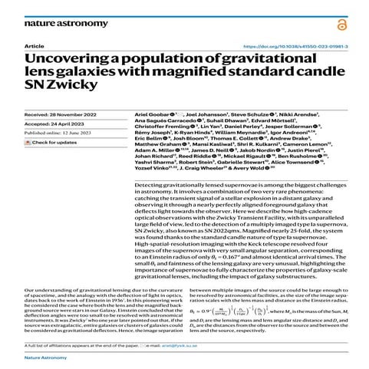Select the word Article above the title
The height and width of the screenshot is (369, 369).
click(34, 46)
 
